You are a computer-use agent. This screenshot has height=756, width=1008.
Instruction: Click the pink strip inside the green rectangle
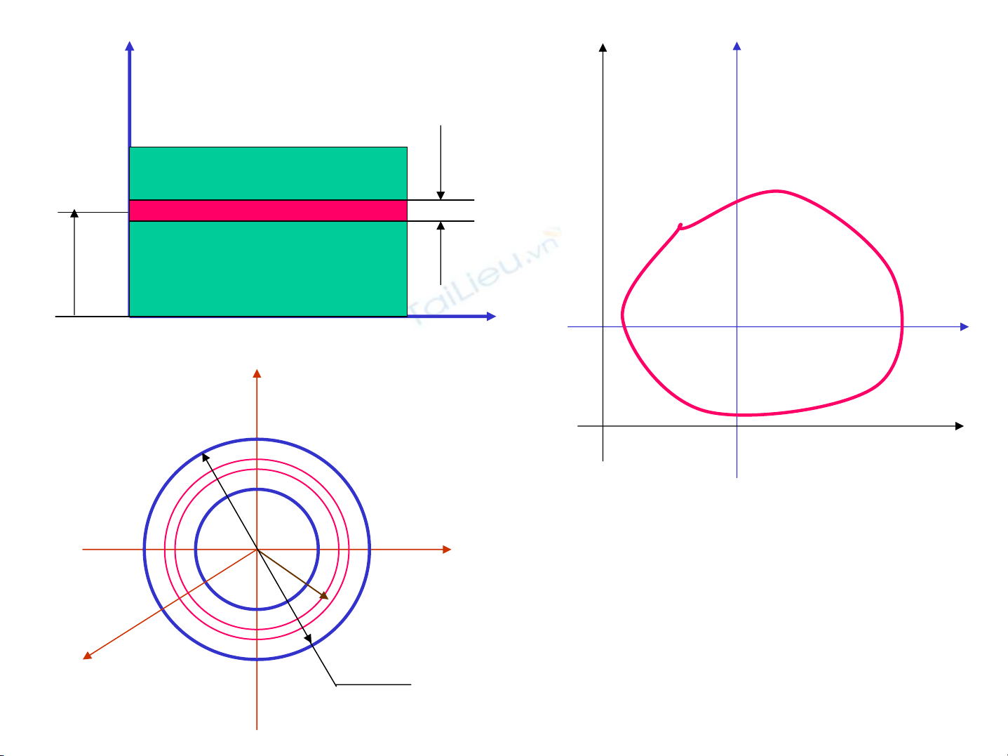click(268, 211)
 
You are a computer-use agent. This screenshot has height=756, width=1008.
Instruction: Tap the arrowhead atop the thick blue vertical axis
click(130, 46)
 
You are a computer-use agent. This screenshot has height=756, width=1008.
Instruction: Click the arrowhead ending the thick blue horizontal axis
click(491, 316)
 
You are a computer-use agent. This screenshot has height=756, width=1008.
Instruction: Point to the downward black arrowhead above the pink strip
click(441, 195)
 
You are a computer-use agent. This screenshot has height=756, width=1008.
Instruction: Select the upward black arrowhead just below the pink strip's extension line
click(441, 225)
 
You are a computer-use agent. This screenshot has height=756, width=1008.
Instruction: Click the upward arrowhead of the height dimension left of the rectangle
click(74, 213)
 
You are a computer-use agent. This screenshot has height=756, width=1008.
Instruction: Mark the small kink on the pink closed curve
click(680, 226)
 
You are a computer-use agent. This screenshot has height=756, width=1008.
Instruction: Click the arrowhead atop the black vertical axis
click(603, 48)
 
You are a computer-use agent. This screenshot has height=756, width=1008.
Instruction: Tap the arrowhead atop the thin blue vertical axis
click(737, 46)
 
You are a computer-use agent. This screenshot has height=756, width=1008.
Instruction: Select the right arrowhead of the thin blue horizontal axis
click(965, 326)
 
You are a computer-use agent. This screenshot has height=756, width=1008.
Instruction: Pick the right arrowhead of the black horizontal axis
click(960, 426)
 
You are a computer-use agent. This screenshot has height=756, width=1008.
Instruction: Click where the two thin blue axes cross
click(737, 326)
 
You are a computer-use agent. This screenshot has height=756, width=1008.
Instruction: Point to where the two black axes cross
click(603, 426)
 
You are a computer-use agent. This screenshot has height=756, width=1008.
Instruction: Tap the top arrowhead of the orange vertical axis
click(257, 373)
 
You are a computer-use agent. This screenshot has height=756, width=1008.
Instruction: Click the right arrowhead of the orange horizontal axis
click(447, 549)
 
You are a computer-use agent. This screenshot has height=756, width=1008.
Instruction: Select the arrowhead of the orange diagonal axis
click(87, 656)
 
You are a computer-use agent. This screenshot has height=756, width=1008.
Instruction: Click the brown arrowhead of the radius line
click(324, 596)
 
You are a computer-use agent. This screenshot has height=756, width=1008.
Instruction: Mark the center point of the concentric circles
click(257, 549)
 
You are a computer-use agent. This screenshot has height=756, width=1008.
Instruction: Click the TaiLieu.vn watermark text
click(485, 276)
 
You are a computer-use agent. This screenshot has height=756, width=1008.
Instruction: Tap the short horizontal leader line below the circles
click(373, 685)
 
